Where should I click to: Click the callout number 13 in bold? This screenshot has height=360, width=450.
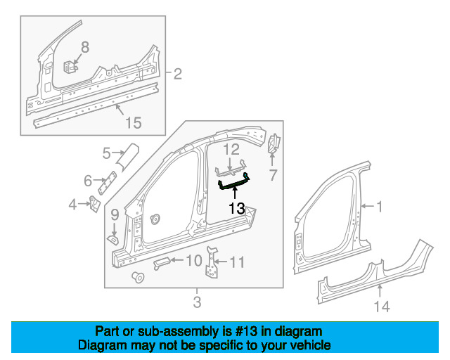pos(236,208)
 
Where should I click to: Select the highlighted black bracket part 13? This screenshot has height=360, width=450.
pos(233,184)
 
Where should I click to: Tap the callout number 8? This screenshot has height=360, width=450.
pos(85,47)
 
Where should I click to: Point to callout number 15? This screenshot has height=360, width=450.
pos(133,123)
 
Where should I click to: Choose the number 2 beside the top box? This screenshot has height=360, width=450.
pos(177,73)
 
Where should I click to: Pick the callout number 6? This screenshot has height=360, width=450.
pos(88,181)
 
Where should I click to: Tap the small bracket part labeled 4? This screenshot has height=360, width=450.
pos(93,207)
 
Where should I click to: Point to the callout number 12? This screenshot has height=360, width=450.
pos(231,149)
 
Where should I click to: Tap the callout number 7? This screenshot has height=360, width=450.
pos(273,174)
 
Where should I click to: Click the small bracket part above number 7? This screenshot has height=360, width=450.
pos(274,144)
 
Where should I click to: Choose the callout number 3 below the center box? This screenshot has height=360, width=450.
pos(197,302)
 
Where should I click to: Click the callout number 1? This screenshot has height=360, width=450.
pos(380,207)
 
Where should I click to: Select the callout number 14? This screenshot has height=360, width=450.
pos(381,306)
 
